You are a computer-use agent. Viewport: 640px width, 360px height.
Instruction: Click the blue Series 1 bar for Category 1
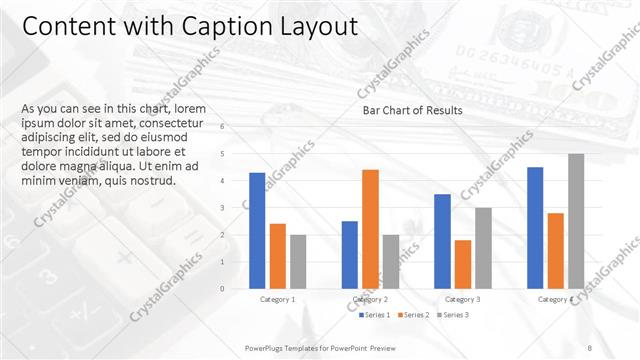(x=257, y=230)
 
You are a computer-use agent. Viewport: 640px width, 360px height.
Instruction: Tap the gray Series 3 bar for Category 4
(x=576, y=221)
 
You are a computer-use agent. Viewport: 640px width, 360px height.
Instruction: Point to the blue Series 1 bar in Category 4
(x=535, y=227)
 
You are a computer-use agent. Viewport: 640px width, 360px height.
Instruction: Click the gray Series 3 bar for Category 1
(x=298, y=261)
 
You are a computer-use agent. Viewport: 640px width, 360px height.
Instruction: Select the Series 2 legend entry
(x=413, y=315)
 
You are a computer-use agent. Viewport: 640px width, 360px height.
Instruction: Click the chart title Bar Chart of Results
(x=412, y=110)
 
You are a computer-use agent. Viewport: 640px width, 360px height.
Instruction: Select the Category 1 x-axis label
(x=277, y=299)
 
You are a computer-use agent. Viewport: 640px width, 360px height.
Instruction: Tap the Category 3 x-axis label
(x=462, y=299)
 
